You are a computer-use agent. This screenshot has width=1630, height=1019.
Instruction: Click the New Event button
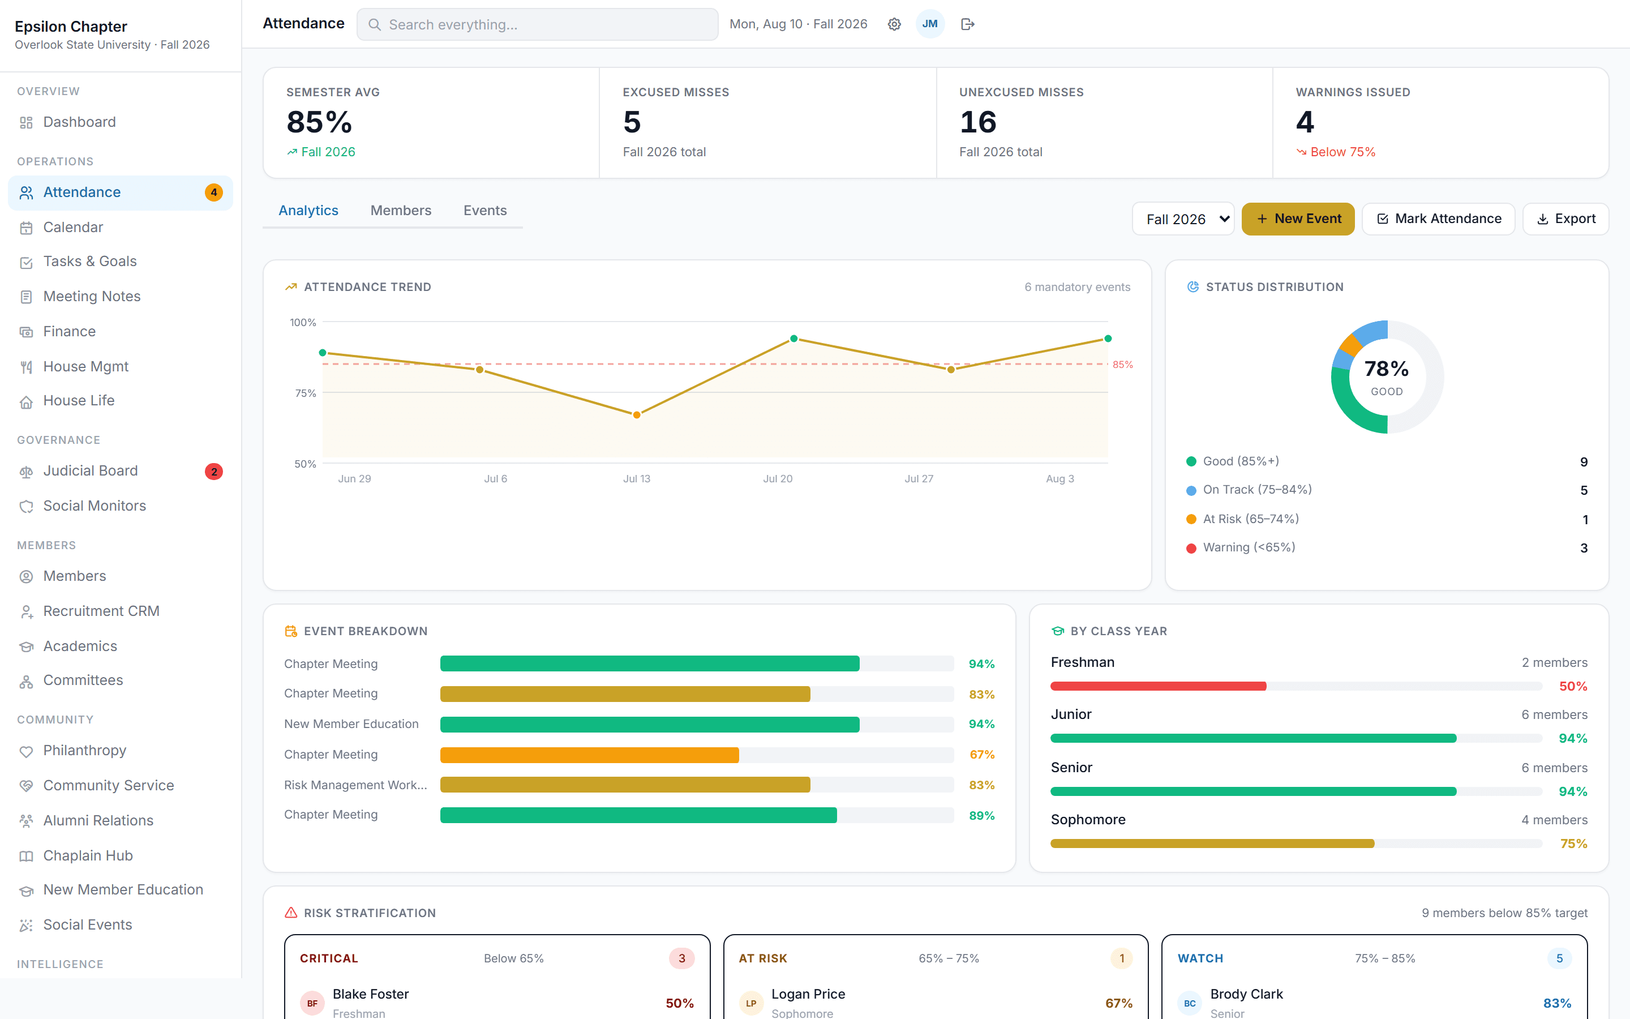pos(1297,219)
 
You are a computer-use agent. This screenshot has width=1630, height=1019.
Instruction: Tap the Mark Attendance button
pos(1438,219)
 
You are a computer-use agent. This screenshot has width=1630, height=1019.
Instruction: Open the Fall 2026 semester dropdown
pos(1183,219)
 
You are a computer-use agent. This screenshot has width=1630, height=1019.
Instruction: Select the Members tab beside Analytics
pos(401,210)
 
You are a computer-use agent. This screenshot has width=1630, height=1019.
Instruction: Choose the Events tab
pos(485,210)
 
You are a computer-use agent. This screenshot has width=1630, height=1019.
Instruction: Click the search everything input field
pos(538,24)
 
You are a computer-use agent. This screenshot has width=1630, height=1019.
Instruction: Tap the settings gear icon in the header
pos(894,24)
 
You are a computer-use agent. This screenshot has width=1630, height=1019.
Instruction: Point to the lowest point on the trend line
pos(637,415)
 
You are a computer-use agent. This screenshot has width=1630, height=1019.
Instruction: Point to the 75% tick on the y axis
pos(305,393)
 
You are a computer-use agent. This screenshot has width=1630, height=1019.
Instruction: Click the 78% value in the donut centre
pos(1386,369)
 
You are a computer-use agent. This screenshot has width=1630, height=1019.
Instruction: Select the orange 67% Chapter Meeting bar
pos(589,755)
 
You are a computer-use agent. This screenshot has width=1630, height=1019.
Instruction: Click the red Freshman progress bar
pos(1158,686)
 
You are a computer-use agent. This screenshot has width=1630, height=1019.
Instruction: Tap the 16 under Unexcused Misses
pos(977,122)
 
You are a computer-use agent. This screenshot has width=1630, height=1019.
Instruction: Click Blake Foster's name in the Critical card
pos(371,994)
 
